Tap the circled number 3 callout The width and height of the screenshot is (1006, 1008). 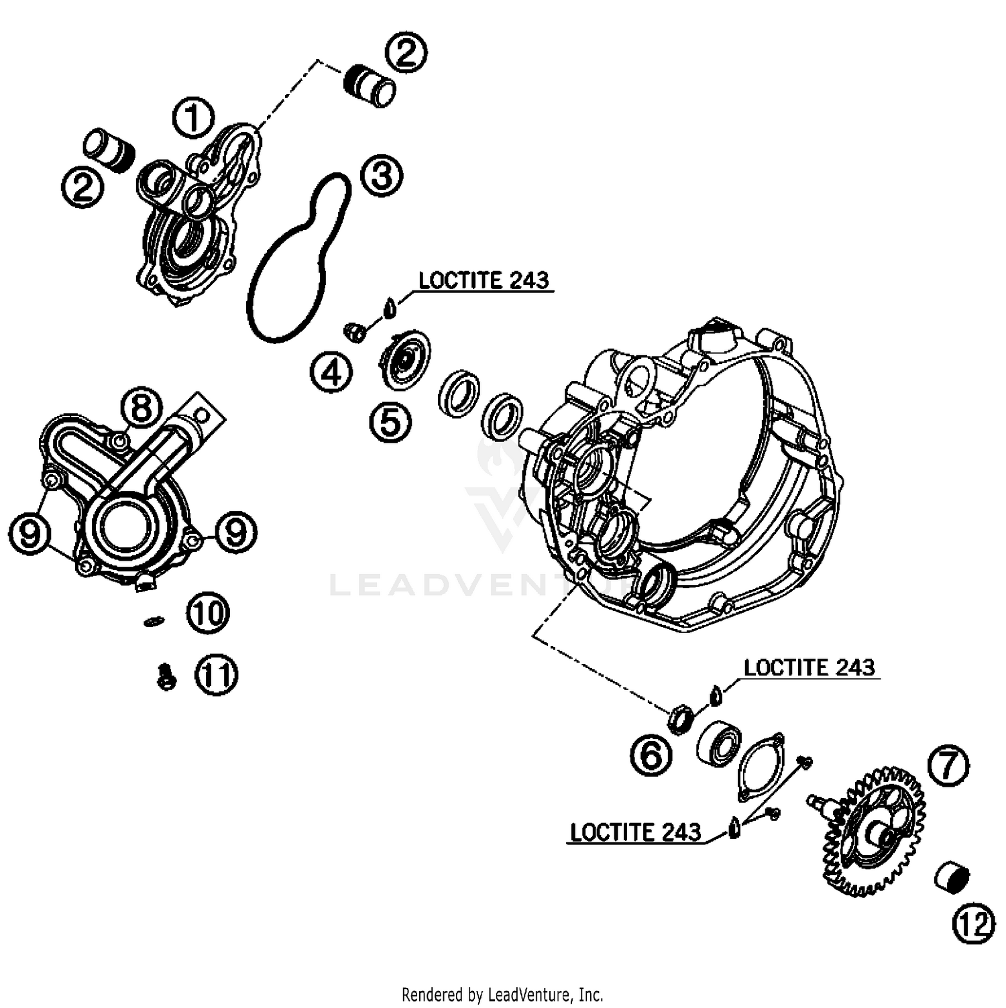(382, 177)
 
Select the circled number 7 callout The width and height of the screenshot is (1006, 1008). (948, 765)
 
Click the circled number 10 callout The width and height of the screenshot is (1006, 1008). (209, 613)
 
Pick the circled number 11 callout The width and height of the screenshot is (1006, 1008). (216, 675)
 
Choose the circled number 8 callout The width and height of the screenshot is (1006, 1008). (142, 408)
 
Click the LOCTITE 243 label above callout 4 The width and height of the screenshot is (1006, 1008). (484, 280)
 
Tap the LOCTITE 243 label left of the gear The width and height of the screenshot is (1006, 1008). (635, 832)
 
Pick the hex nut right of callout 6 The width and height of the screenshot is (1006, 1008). (681, 720)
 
